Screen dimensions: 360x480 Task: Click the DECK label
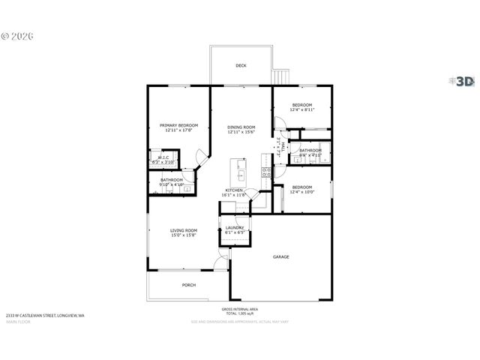(x=241, y=66)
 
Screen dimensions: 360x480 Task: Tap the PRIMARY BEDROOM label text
(x=178, y=125)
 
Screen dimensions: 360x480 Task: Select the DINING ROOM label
(x=241, y=127)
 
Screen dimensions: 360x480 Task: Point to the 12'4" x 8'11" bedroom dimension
(x=301, y=109)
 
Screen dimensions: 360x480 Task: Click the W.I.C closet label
(x=163, y=157)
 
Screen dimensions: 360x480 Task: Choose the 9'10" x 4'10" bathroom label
(x=172, y=184)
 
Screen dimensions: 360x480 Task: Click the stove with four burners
(x=265, y=172)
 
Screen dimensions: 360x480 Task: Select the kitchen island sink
(x=241, y=176)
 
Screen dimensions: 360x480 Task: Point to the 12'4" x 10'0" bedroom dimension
(x=301, y=192)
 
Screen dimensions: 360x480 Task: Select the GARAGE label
(x=280, y=257)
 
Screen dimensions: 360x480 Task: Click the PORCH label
(x=189, y=285)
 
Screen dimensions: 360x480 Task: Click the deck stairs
(x=282, y=77)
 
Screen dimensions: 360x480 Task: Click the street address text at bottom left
(x=45, y=316)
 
